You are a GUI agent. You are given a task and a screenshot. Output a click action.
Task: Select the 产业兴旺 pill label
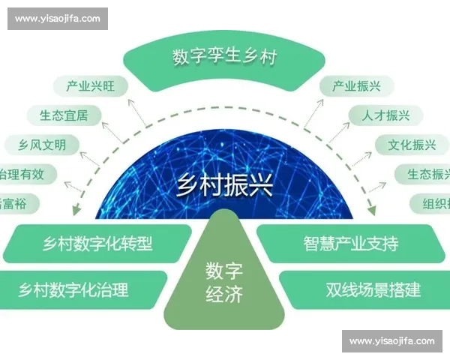point(91,86)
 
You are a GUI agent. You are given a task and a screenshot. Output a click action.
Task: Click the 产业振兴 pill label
point(356,86)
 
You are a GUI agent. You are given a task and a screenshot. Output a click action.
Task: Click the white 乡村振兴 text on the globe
point(224,183)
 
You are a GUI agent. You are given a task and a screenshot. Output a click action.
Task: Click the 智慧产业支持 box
point(350,243)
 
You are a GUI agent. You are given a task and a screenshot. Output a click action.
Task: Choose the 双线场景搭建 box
point(362,289)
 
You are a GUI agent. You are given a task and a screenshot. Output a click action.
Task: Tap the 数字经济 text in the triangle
point(224,282)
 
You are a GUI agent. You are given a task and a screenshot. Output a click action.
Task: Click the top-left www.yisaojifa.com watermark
point(57,19)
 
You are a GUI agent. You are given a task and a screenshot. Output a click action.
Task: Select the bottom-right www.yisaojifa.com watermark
point(392,341)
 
